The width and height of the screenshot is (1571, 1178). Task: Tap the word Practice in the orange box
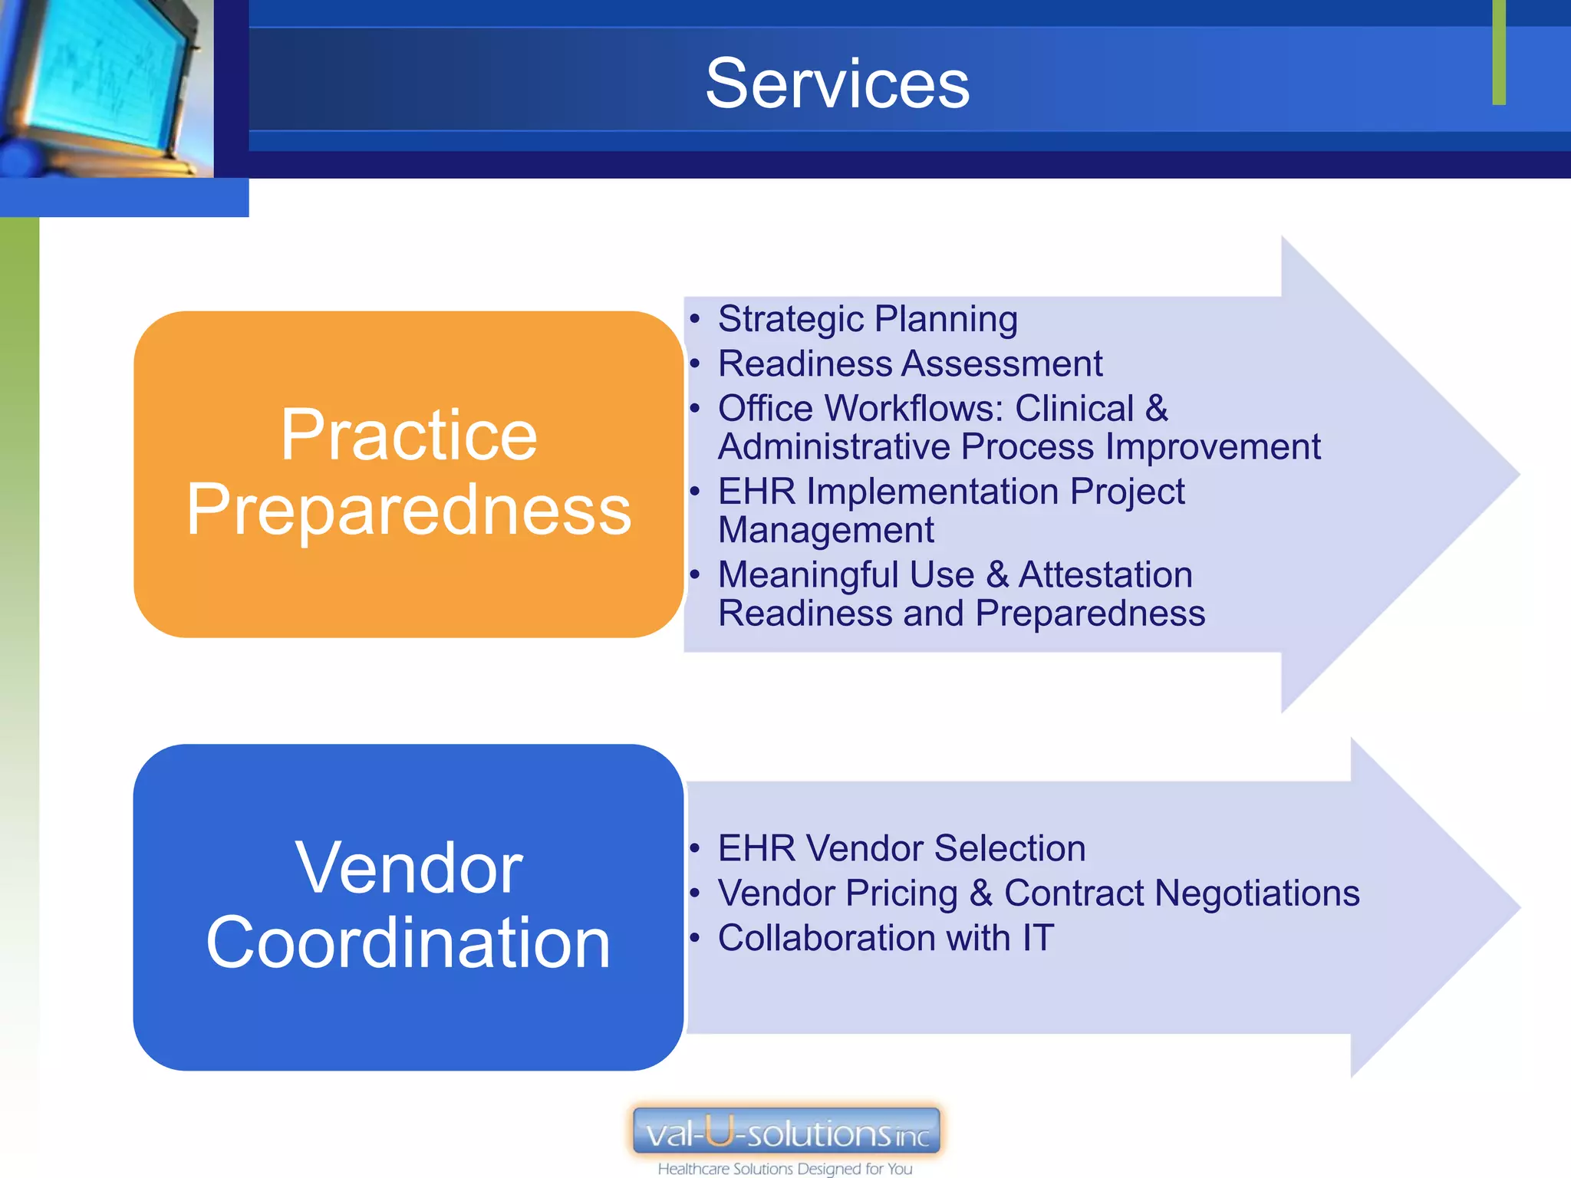click(409, 436)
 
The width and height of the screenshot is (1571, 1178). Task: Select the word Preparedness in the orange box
click(409, 510)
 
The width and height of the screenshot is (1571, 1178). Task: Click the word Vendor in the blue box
click(409, 868)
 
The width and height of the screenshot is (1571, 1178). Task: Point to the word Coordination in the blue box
click(409, 943)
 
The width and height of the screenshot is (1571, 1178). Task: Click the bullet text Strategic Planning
click(868, 319)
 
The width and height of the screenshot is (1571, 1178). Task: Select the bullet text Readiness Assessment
click(910, 364)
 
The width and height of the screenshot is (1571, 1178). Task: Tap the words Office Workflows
click(860, 408)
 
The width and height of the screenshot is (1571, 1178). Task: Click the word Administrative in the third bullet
click(834, 447)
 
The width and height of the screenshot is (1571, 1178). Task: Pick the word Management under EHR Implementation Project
click(825, 530)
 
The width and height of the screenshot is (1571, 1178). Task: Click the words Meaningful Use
click(846, 575)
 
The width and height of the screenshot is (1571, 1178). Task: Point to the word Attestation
click(1105, 575)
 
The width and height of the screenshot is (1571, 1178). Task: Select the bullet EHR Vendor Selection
click(901, 849)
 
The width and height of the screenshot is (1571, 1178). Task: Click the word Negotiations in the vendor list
click(1257, 893)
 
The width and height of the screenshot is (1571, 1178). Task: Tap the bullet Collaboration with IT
click(886, 938)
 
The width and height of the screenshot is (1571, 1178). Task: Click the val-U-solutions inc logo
click(786, 1131)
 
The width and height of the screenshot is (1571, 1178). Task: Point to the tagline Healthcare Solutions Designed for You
click(785, 1169)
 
